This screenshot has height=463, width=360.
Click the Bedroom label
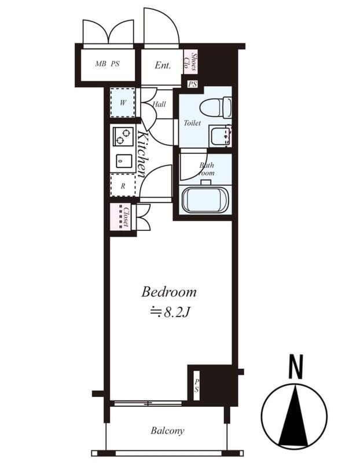click(x=168, y=292)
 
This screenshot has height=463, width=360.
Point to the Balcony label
click(x=167, y=431)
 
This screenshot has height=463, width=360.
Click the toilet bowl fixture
click(x=215, y=107)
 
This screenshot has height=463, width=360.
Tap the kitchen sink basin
click(x=124, y=161)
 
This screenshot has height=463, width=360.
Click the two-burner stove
click(x=123, y=136)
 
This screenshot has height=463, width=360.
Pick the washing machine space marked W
click(x=123, y=102)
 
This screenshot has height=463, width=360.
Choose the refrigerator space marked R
click(x=123, y=185)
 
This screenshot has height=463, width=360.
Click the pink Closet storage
click(x=120, y=216)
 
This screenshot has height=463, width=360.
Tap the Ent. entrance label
click(x=163, y=65)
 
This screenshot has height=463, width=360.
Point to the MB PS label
click(x=108, y=64)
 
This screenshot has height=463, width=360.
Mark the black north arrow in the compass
click(x=295, y=416)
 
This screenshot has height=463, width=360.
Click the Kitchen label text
click(x=142, y=154)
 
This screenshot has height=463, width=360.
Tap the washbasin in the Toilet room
click(x=220, y=135)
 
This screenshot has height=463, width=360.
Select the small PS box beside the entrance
click(x=192, y=84)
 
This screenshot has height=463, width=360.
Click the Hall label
click(x=159, y=104)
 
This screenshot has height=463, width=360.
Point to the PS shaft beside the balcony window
click(x=196, y=385)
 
